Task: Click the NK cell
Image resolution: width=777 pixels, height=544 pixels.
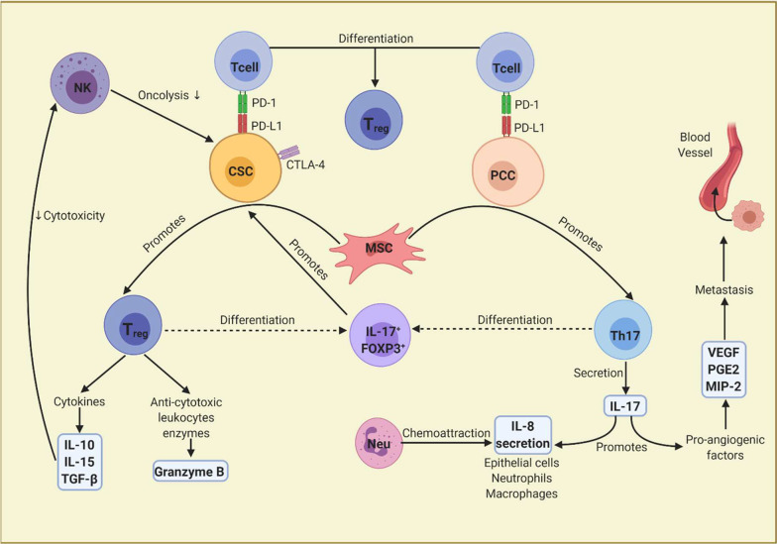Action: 81,84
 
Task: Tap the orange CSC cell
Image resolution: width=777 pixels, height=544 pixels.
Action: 246,167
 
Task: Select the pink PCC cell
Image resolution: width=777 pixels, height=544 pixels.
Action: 507,171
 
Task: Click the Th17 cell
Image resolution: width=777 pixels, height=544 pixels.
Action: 622,330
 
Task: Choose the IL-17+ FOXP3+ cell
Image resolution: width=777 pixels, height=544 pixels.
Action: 381,337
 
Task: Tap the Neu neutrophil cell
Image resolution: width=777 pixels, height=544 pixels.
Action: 379,443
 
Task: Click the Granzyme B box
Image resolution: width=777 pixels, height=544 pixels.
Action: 190,472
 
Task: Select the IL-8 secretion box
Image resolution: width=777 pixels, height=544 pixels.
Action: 523,434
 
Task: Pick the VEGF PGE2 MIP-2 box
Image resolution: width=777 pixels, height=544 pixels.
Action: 723,369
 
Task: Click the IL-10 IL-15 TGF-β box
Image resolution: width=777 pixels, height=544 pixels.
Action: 79,462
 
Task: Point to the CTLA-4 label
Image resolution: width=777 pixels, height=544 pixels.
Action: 305,164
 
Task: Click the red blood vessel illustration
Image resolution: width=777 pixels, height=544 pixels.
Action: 724,170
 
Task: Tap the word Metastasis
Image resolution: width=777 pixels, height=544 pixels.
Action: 723,289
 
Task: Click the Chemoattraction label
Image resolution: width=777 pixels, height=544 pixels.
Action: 446,433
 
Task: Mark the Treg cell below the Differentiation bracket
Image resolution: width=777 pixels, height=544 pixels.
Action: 374,120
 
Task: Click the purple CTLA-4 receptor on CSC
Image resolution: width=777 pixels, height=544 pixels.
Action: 289,153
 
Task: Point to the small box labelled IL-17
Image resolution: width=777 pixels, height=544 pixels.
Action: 624,406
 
